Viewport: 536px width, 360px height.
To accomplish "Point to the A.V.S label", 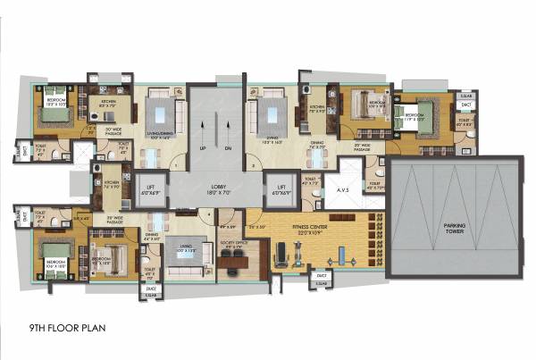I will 342,190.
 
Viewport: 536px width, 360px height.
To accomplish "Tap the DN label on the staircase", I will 229,148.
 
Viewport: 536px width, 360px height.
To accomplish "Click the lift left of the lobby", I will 149,188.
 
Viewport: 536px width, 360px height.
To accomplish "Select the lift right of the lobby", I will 281,188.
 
